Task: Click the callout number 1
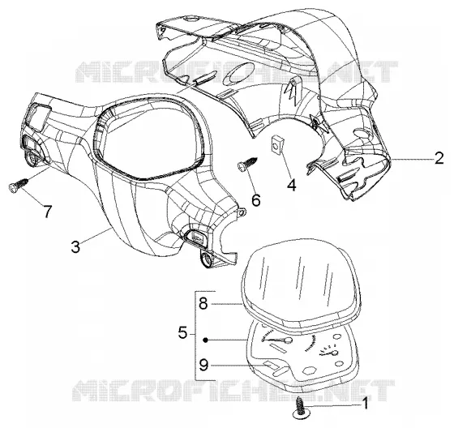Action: pyautogui.click(x=366, y=404)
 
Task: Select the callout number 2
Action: pyautogui.click(x=439, y=158)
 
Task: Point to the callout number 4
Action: pyautogui.click(x=292, y=185)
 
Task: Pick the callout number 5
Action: pyautogui.click(x=182, y=332)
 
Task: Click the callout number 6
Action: pyautogui.click(x=256, y=199)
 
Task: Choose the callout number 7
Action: pyautogui.click(x=47, y=212)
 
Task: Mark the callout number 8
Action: pyautogui.click(x=203, y=303)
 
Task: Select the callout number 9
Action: pyautogui.click(x=203, y=365)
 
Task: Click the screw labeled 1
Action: pyautogui.click(x=299, y=408)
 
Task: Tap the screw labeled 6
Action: pyautogui.click(x=247, y=164)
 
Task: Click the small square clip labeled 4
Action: pyautogui.click(x=276, y=143)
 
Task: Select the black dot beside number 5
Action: pyautogui.click(x=205, y=340)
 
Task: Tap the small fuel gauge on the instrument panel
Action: pyautogui.click(x=328, y=350)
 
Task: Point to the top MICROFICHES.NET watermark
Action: pyautogui.click(x=237, y=72)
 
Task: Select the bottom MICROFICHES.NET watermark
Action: pyautogui.click(x=233, y=391)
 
